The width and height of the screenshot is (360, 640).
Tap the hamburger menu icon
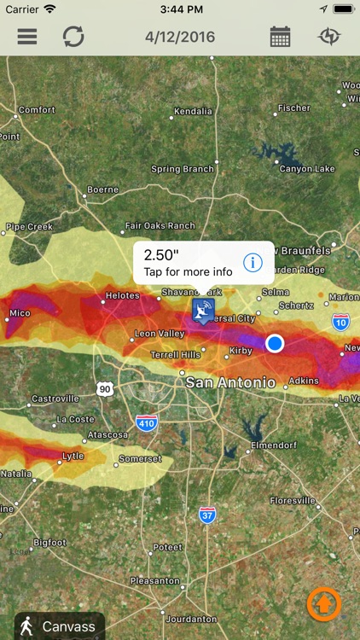(x=27, y=37)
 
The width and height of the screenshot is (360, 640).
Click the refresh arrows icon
(x=73, y=37)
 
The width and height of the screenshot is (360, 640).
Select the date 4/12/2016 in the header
(x=180, y=37)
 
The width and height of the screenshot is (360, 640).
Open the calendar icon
(x=280, y=37)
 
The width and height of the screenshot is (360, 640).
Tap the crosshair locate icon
(x=328, y=37)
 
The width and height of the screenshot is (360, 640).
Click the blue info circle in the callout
(x=253, y=262)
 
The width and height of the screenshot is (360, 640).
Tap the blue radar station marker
(x=203, y=310)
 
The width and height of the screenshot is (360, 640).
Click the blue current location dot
(x=275, y=343)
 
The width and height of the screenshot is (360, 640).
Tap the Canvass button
(x=60, y=626)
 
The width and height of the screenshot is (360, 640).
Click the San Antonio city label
(x=230, y=382)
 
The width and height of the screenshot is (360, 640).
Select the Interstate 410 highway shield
(x=146, y=422)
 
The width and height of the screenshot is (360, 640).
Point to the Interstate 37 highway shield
(x=207, y=515)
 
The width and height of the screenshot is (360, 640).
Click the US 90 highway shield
(x=104, y=388)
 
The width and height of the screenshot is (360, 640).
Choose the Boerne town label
(x=102, y=189)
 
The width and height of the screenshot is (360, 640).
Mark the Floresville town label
(x=292, y=500)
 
